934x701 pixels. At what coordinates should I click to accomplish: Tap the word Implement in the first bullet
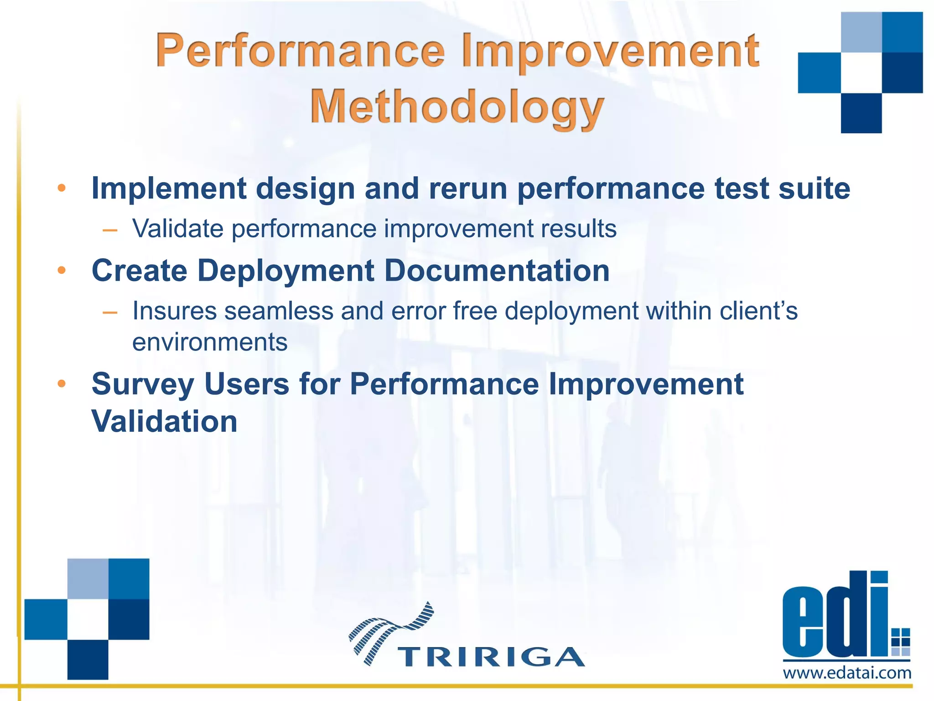coord(169,188)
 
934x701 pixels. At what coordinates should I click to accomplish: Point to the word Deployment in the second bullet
coord(285,271)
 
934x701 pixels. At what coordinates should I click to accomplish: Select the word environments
coord(210,342)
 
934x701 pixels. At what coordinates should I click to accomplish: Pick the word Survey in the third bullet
coord(143,384)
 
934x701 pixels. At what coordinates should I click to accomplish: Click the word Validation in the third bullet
coord(164,421)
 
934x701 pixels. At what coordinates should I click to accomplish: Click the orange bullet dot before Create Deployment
coord(62,271)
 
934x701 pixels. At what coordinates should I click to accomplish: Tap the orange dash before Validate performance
coord(110,230)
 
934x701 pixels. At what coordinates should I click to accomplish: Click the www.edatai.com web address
coord(847,673)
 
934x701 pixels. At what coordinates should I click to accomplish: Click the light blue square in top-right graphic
coord(861,32)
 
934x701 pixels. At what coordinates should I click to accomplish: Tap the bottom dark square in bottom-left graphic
coord(88,659)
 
